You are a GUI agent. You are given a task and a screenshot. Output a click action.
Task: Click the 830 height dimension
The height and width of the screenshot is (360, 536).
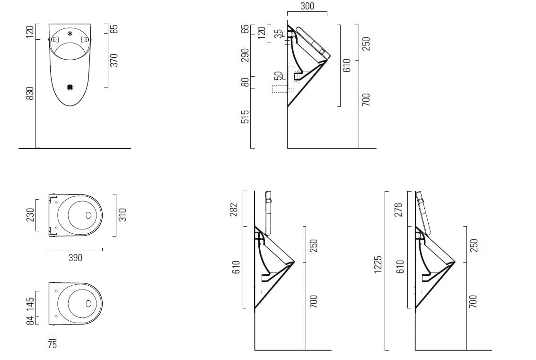(x=30, y=93)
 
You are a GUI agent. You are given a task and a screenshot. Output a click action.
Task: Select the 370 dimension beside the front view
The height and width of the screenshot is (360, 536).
(x=114, y=60)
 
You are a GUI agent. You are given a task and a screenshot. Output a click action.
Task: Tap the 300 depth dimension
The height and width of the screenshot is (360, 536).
(x=307, y=6)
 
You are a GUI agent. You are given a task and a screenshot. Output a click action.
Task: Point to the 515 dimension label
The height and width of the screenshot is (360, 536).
(x=245, y=116)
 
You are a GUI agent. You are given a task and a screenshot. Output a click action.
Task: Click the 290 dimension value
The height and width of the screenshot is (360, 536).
(x=245, y=55)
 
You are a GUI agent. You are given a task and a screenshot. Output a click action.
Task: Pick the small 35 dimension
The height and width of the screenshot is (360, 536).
(x=279, y=34)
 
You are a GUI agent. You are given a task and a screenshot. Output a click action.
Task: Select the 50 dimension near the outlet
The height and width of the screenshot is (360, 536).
(x=278, y=76)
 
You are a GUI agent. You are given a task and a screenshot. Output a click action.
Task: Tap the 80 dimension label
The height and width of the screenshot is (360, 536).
(x=245, y=82)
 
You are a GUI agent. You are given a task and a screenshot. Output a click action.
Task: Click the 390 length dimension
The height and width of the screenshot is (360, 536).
(x=75, y=257)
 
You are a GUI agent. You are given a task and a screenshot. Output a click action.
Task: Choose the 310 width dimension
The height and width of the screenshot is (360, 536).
(x=123, y=215)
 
